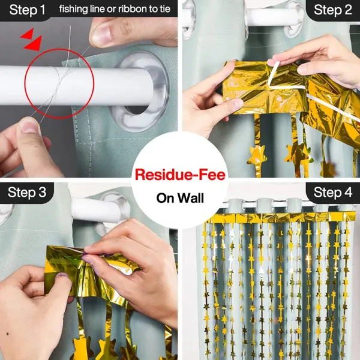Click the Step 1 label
pos(28,10)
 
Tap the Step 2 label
pos(332,10)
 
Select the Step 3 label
pos(27,193)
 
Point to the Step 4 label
pos(332,193)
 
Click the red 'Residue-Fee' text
pos(180,175)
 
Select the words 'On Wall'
pos(180,198)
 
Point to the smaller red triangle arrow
pos(28,34)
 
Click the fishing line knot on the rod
pos(58,86)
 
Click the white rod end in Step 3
pos(97,210)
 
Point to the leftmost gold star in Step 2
pos(257,157)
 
